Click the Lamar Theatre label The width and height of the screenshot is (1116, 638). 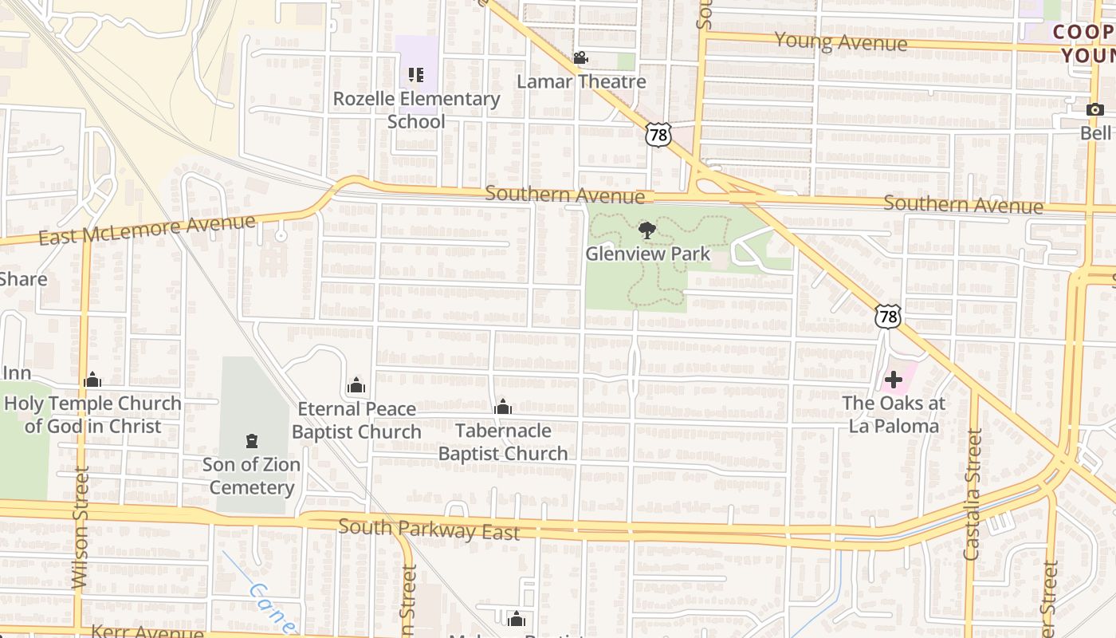point(581,81)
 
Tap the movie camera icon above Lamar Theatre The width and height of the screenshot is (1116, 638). point(580,58)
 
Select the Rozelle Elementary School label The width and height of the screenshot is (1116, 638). point(416,110)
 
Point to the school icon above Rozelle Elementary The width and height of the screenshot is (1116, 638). point(415,75)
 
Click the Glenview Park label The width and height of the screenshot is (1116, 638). point(647,254)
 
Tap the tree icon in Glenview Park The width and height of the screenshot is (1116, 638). point(647,231)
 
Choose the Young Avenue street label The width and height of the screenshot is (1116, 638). point(840,41)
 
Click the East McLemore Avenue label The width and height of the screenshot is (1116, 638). point(147,229)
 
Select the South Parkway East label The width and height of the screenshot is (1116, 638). point(429,529)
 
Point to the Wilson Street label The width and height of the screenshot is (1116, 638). point(80,528)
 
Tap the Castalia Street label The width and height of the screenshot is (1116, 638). point(972,494)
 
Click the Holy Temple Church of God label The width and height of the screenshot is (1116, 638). point(92,415)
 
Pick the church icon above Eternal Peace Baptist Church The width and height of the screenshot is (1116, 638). point(356,387)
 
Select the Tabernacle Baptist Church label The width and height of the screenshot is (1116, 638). point(503,442)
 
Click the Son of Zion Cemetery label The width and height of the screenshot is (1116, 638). point(251,476)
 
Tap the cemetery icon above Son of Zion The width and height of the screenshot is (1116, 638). point(252,441)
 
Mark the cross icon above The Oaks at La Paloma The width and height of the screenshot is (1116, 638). point(894,380)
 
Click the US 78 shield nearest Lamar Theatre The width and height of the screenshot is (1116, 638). point(658,135)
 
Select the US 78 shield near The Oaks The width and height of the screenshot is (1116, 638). point(887,317)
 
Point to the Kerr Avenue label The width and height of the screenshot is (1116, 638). point(147,632)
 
